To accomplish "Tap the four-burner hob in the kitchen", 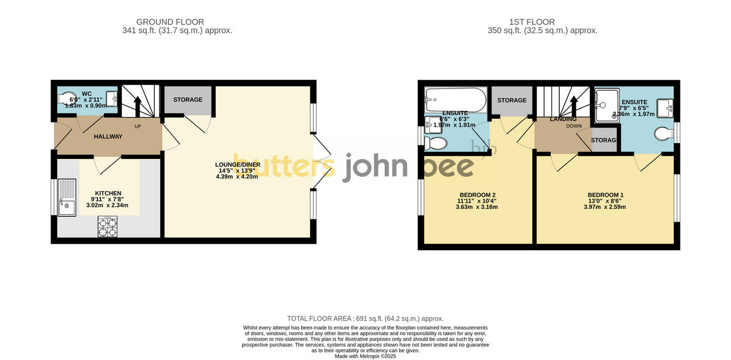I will [107, 227].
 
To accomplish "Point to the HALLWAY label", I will [108, 136].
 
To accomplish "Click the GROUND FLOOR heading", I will [161, 22].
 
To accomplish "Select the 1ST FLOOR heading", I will [530, 22].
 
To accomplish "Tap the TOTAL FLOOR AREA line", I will [365, 319].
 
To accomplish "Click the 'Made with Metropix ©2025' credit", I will [365, 356].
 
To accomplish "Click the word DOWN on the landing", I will [574, 126].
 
